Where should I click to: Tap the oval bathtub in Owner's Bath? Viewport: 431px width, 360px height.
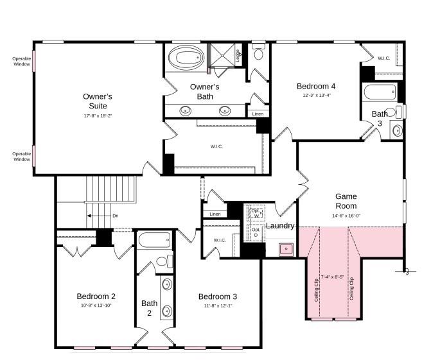(x=186, y=58)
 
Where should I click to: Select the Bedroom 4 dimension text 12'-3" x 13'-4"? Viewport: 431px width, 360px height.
(x=316, y=96)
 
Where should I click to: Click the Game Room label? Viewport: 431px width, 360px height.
(x=346, y=201)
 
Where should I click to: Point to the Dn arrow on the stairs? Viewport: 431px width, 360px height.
(x=103, y=216)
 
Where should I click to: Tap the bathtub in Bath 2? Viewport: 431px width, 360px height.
(x=155, y=241)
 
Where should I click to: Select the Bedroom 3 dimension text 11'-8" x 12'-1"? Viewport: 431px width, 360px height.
(x=217, y=305)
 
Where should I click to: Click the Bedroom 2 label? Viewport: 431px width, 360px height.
(x=96, y=296)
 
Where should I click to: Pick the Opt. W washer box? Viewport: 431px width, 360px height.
(x=256, y=213)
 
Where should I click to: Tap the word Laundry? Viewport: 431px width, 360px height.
(x=281, y=226)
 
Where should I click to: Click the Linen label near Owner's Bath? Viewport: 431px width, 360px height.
(x=258, y=114)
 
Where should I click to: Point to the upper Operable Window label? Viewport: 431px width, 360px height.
(x=21, y=62)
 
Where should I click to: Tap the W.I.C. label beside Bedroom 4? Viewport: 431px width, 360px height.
(x=383, y=58)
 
